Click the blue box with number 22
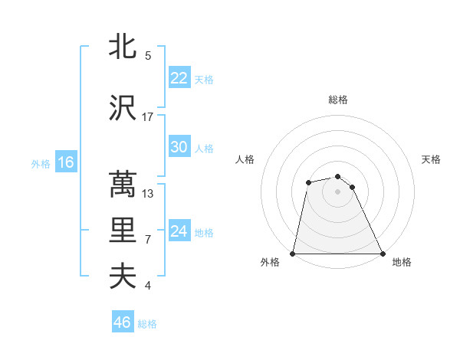tap(179, 78)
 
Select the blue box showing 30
tap(179, 147)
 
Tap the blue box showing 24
tap(179, 231)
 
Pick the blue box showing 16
tap(66, 162)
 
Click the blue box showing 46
tap(123, 323)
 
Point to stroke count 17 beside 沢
tap(148, 117)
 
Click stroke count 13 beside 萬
tap(148, 193)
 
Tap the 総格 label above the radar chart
tap(338, 100)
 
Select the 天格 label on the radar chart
tap(431, 159)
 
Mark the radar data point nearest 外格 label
tap(293, 254)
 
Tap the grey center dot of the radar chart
tap(337, 191)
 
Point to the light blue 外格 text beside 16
tap(40, 163)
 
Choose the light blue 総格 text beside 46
tap(147, 324)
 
